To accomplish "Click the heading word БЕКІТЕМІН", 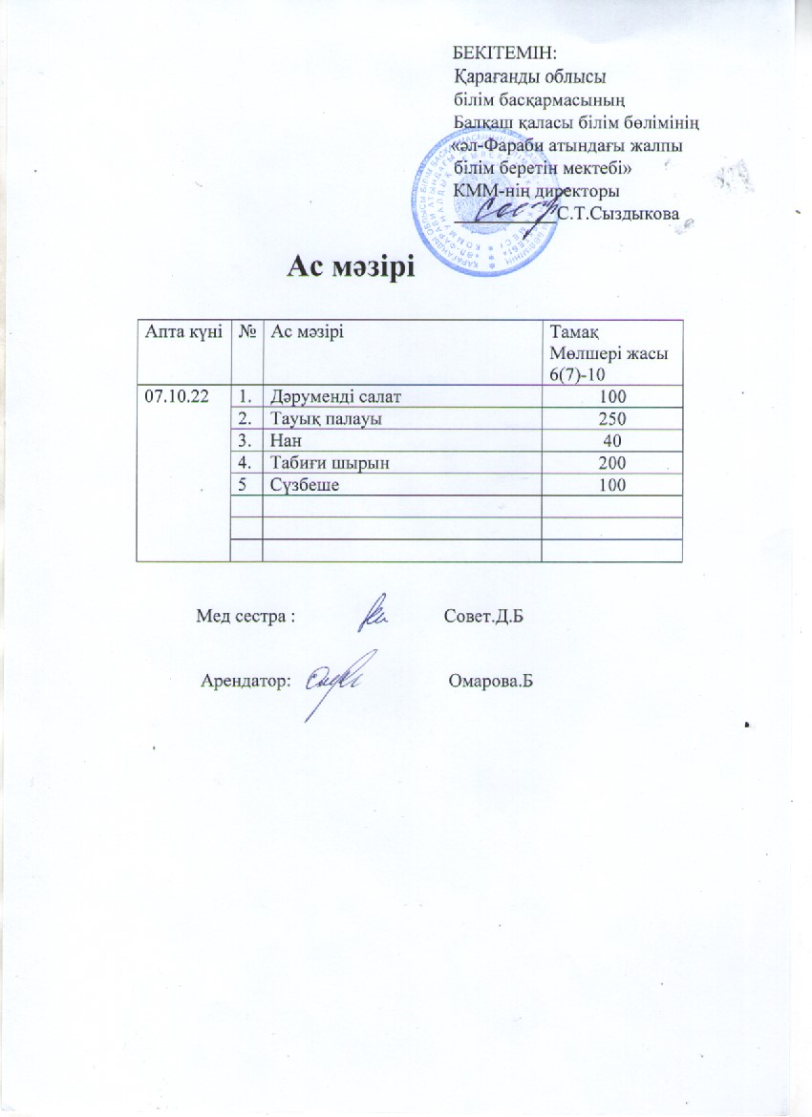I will (x=504, y=49).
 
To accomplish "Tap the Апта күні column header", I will (x=182, y=331).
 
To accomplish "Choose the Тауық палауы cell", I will (x=316, y=418).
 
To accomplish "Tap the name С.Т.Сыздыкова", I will (x=618, y=214).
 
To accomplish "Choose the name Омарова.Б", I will (x=488, y=683).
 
